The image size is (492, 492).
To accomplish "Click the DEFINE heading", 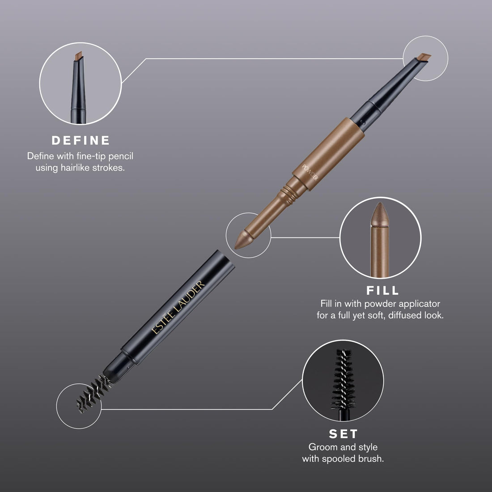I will click(81, 140).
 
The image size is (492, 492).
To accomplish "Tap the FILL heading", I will click(382, 290).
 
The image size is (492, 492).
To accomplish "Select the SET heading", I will click(343, 433).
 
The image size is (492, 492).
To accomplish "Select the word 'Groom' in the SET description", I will click(321, 447).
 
